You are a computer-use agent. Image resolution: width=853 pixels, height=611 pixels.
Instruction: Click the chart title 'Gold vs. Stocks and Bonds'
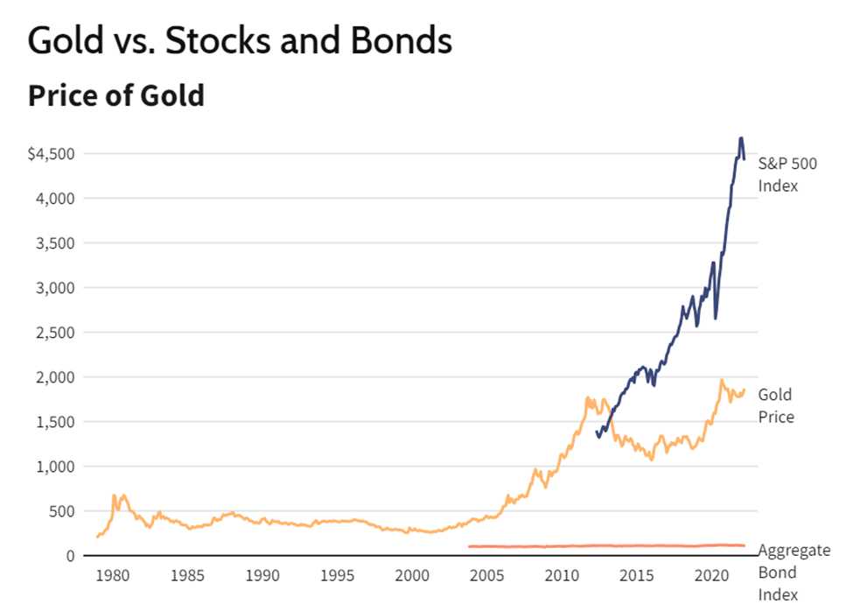[x=240, y=41]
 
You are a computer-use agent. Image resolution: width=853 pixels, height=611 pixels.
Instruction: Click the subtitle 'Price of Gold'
[x=115, y=95]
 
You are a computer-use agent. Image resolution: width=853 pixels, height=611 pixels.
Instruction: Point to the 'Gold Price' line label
[x=776, y=406]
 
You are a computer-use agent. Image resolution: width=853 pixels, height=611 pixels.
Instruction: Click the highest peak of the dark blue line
[x=741, y=138]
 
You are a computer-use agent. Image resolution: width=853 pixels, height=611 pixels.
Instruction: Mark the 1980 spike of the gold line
[x=115, y=496]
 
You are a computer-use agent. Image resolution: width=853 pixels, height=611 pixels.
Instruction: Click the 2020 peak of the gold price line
[x=721, y=381]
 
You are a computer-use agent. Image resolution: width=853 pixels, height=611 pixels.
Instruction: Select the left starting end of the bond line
[x=470, y=546]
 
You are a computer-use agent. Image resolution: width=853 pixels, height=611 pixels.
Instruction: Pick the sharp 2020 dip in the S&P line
[x=716, y=318]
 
